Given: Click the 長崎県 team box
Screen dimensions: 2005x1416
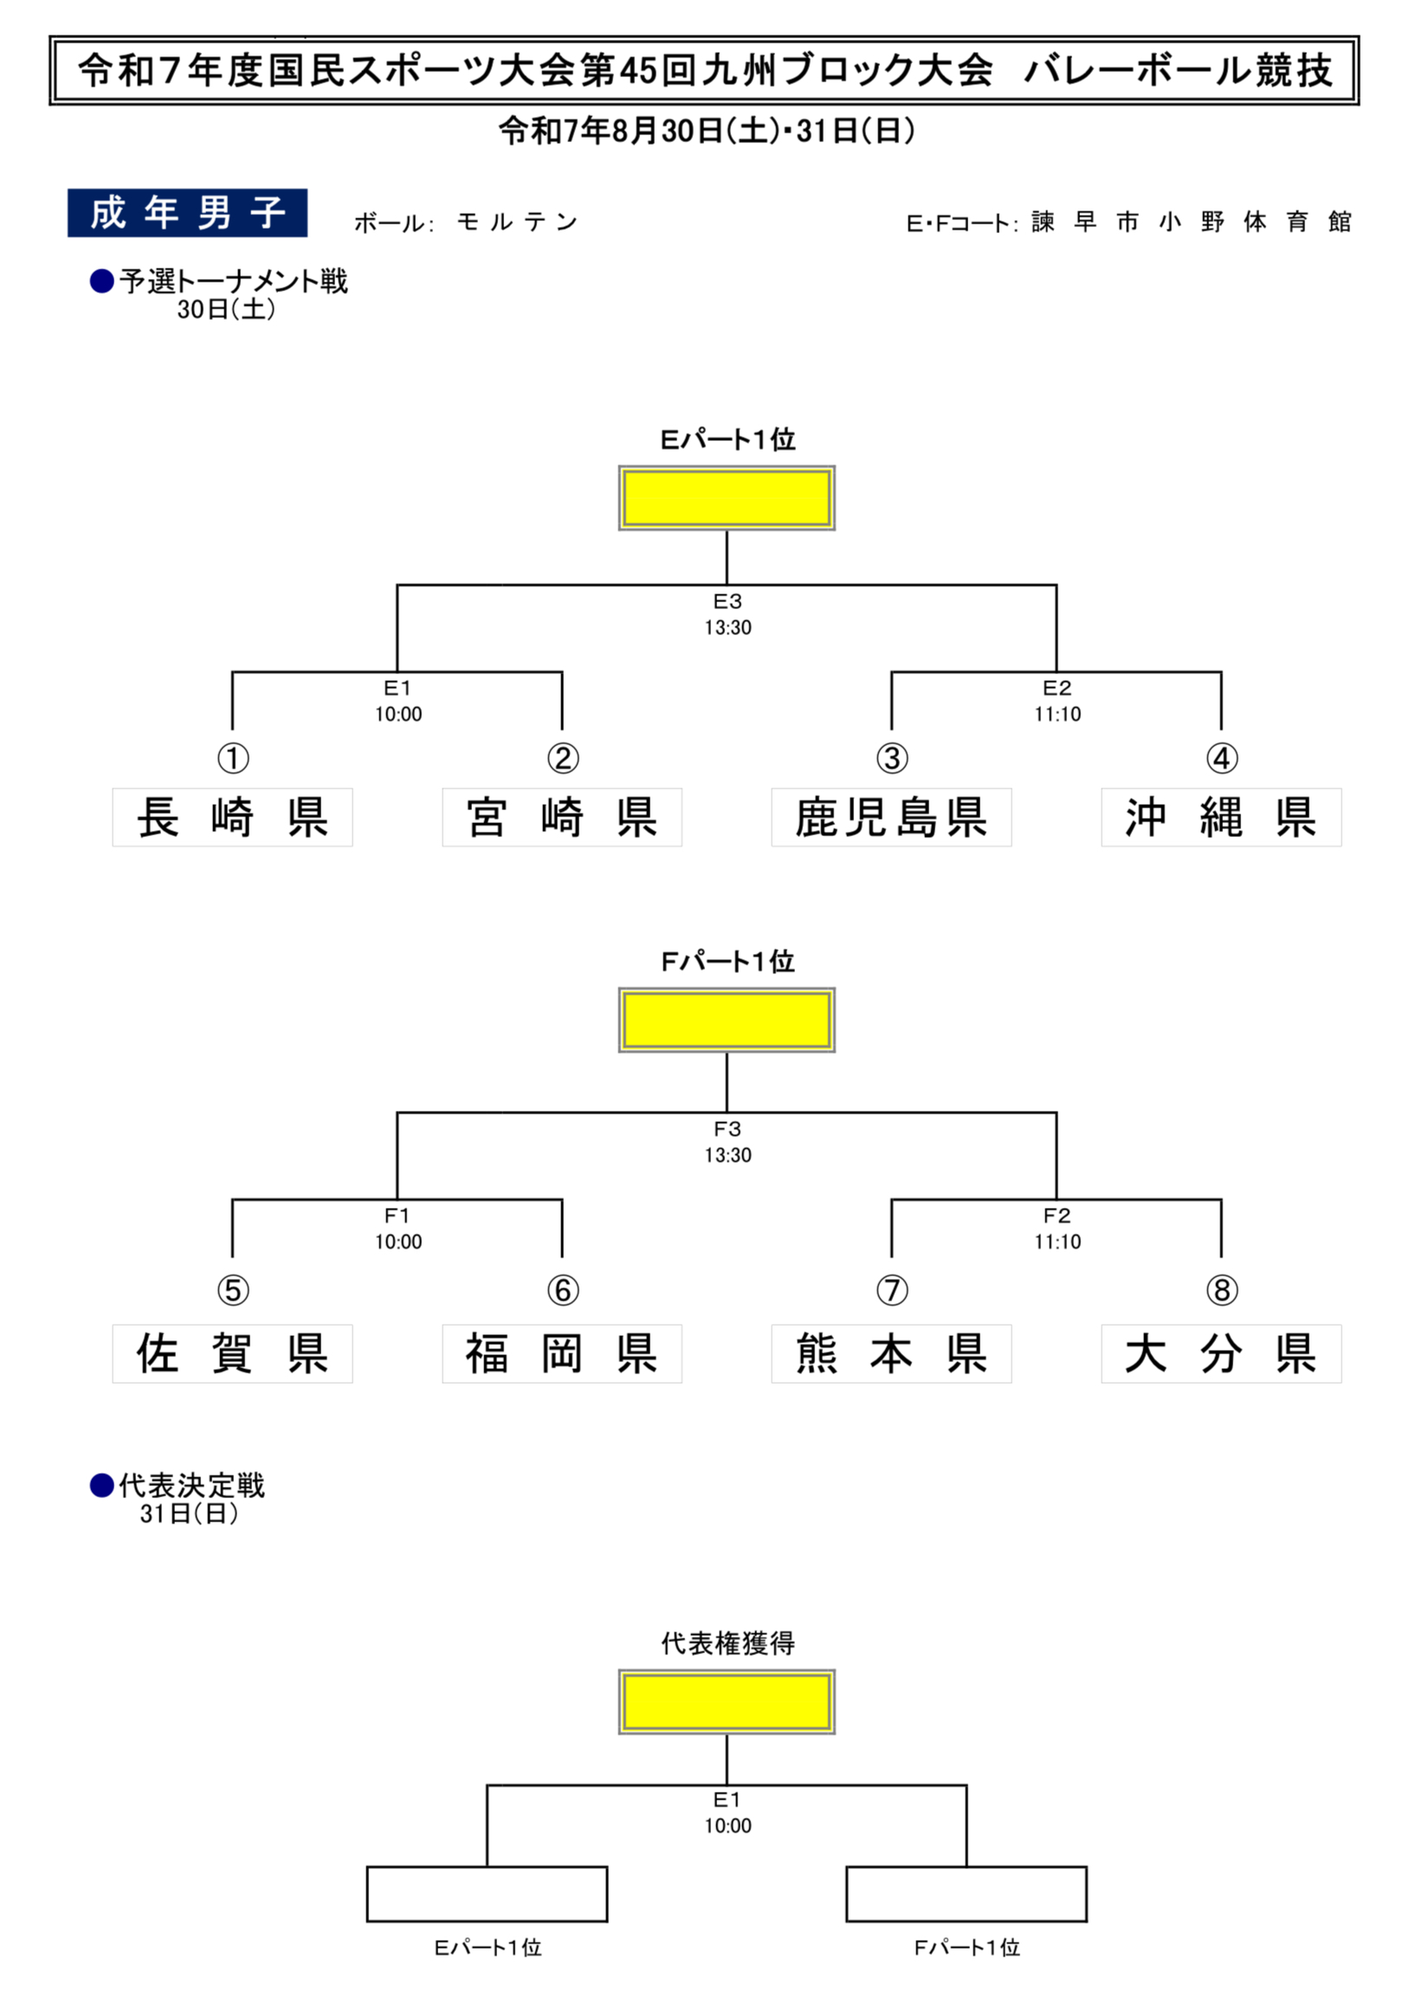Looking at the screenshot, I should click(x=232, y=817).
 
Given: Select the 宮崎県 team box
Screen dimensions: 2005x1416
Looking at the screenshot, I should click(x=561, y=817).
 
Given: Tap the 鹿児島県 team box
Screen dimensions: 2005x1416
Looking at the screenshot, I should click(x=891, y=817).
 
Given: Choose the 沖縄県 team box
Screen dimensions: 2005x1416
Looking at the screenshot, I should click(x=1220, y=817).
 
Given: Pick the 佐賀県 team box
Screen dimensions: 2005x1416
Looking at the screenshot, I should click(x=232, y=1353).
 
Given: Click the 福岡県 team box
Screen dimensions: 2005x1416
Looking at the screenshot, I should click(x=561, y=1353).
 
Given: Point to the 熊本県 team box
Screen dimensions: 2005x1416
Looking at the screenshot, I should click(x=891, y=1353).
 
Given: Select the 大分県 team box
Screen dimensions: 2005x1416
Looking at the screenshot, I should click(x=1220, y=1353).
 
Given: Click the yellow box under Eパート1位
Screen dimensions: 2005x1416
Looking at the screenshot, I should click(x=727, y=497).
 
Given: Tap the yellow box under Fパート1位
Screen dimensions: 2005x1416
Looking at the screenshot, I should click(x=727, y=1020).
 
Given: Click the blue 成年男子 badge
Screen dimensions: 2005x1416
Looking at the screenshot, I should click(x=187, y=213).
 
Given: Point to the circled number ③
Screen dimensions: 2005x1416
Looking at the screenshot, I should click(x=891, y=758).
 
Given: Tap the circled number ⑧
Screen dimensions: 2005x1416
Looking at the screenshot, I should click(x=1221, y=1290).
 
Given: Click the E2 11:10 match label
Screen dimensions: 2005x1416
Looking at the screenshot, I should click(x=1057, y=701).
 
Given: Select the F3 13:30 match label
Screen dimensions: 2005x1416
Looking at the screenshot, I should click(x=727, y=1142).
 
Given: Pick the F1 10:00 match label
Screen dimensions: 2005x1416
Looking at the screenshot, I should click(x=398, y=1229).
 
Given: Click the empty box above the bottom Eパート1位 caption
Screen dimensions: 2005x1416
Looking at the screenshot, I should click(x=486, y=1894).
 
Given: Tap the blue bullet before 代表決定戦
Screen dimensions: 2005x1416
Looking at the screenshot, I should click(x=102, y=1485).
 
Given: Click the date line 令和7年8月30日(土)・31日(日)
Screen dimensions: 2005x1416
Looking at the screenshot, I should click(x=707, y=131).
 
